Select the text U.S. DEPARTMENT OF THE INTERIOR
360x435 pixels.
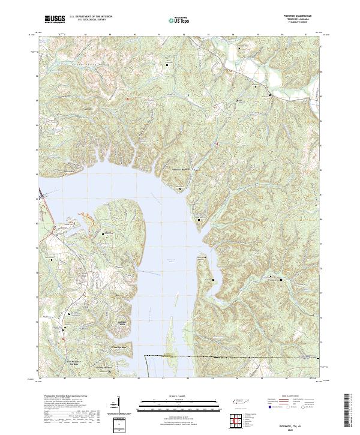[91, 17]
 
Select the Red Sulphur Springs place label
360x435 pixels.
[60, 362]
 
